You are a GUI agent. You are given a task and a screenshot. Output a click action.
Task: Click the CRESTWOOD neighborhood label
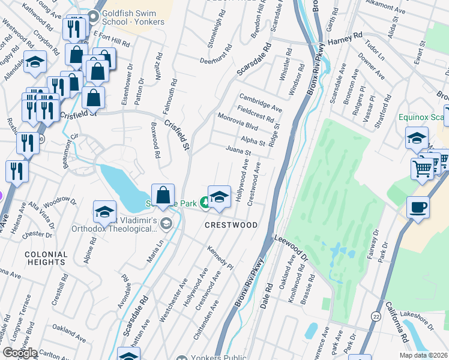click(231, 225)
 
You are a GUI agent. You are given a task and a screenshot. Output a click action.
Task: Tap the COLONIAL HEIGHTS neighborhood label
click(46, 259)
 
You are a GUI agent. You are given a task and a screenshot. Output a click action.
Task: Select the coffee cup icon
click(418, 208)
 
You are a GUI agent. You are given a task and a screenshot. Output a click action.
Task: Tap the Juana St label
click(238, 151)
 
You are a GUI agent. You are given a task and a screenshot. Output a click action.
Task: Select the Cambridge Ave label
click(261, 101)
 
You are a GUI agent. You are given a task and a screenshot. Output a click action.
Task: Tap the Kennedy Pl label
click(220, 257)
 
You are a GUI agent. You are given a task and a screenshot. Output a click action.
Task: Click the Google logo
click(20, 353)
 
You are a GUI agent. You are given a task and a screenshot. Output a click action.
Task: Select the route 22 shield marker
click(376, 316)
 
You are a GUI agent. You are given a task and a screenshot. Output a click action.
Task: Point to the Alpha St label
click(253, 142)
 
